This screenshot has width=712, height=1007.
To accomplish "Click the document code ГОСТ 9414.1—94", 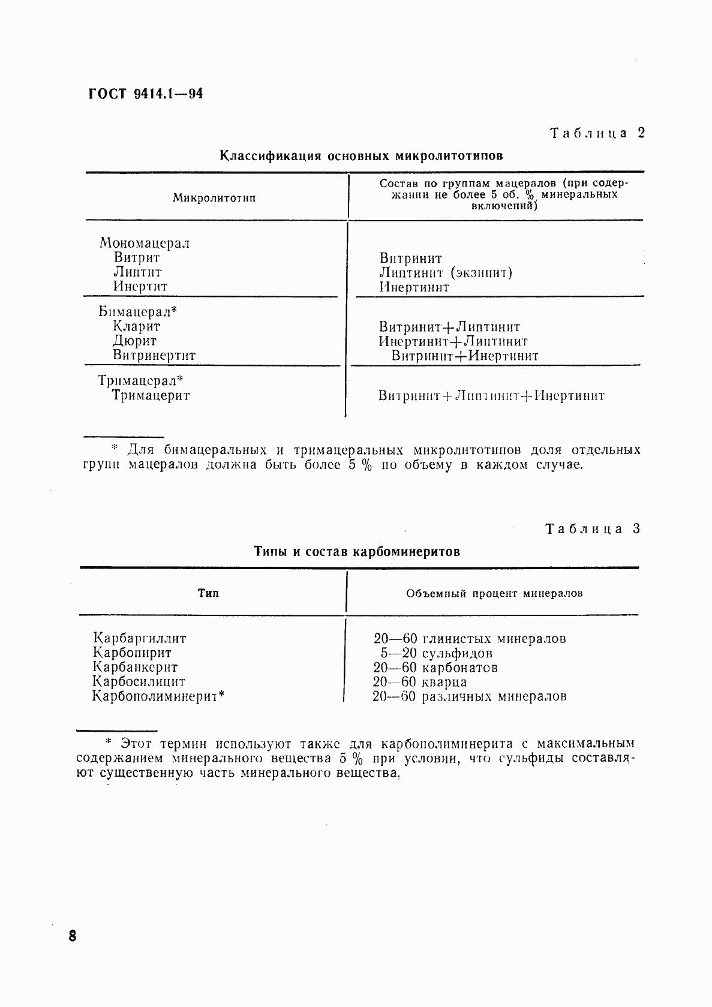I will point(146,94).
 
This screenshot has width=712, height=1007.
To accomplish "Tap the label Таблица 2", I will point(597,133).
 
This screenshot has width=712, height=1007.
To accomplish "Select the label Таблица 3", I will point(593,528).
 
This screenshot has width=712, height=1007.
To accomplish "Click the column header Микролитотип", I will point(214,198).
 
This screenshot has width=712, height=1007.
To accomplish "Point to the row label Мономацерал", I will point(145,243).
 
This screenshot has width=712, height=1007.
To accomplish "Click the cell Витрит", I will point(137,258).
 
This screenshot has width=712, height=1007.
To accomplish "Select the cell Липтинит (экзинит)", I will point(446,273).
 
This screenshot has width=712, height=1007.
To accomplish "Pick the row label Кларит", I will point(137,326).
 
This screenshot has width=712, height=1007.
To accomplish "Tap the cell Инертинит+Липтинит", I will point(453,341).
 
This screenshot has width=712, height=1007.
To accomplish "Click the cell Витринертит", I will point(154,355).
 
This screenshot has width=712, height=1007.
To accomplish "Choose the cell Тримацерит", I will point(151,395).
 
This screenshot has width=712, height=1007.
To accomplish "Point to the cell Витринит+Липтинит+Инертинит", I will point(491,396).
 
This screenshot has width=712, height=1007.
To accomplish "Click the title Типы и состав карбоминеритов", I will point(357,551).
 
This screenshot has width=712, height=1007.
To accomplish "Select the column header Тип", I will point(208,593).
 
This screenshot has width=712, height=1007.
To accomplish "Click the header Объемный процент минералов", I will point(494,594).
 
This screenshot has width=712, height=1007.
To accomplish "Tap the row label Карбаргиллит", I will point(139,638).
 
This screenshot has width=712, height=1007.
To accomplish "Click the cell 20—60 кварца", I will point(420,682).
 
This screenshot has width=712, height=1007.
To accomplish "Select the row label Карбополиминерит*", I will point(158,696).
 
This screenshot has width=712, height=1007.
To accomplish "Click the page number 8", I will point(72,936).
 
